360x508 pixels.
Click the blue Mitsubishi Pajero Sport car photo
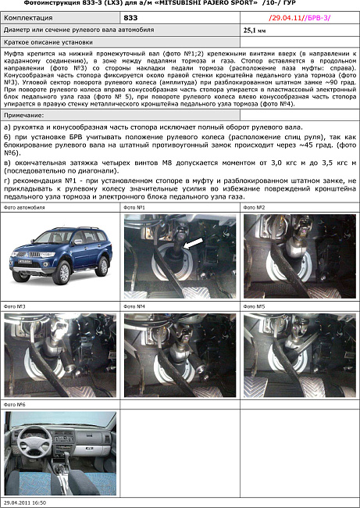coord(59,254)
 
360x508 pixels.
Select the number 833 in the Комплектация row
coord(131,16)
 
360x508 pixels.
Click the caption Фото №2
coord(255,208)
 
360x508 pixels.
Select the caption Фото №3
coord(16,306)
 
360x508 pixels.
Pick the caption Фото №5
coord(255,306)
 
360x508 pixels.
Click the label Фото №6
coord(16,404)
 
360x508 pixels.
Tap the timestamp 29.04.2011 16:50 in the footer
coord(26,503)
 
